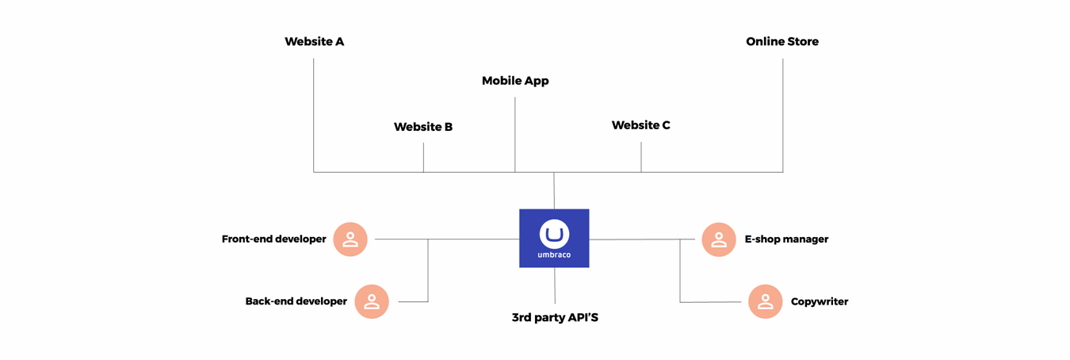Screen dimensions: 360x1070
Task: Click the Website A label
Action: (314, 41)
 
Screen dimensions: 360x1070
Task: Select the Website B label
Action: (423, 127)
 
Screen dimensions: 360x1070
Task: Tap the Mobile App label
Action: (515, 81)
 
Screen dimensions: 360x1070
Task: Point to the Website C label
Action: (640, 125)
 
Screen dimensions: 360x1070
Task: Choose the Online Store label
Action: (781, 41)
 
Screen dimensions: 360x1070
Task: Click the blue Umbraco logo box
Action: (554, 238)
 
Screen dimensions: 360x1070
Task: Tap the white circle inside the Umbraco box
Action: (554, 234)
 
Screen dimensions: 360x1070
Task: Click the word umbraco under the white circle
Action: (554, 255)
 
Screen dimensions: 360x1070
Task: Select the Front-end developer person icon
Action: (350, 239)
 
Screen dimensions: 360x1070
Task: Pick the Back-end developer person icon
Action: (372, 301)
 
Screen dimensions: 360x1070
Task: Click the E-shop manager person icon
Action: (719, 239)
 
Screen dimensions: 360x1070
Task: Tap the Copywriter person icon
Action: (765, 301)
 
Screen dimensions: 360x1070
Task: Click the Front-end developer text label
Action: (273, 239)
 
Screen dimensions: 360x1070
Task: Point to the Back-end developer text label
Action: (296, 301)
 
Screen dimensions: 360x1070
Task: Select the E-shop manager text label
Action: (786, 239)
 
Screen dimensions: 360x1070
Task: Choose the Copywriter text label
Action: (820, 302)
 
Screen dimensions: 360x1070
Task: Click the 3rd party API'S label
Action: (555, 318)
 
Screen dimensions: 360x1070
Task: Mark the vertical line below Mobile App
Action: (515, 135)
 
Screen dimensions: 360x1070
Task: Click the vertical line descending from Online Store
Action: (783, 115)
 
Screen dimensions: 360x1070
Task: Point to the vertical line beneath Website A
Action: (314, 115)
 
